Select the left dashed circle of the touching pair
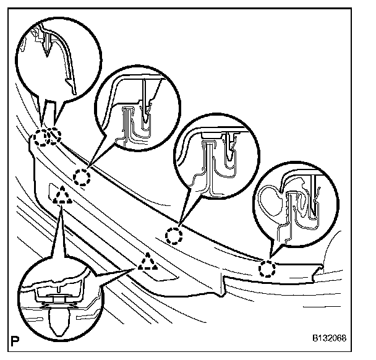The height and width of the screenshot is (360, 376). [41, 137]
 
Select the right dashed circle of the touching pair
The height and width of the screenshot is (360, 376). [54, 135]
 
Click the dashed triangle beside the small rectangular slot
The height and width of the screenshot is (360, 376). [61, 197]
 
